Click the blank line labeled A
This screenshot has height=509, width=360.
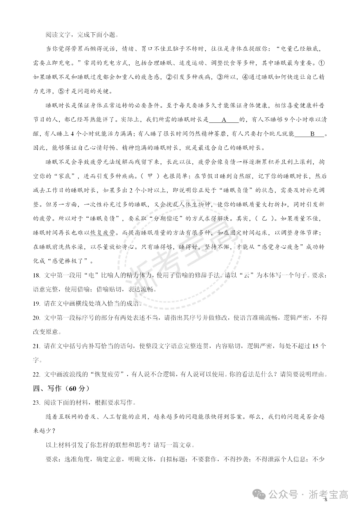[224, 120]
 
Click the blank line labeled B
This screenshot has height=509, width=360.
[312, 134]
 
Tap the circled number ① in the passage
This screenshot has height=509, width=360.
[322, 63]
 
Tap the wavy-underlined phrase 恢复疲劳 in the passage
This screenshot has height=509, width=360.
[103, 233]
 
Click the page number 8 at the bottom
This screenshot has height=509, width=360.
[326, 499]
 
